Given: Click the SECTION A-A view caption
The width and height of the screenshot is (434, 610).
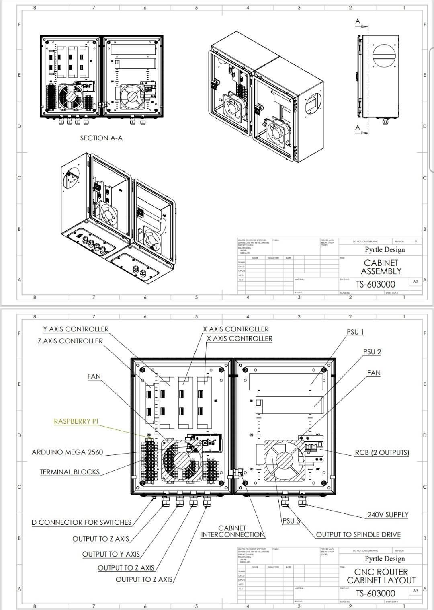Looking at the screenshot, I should tap(101, 138).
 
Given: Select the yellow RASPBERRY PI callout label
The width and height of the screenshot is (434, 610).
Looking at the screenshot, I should tap(76, 421).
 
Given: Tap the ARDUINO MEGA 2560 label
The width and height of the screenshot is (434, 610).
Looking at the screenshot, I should tap(67, 452).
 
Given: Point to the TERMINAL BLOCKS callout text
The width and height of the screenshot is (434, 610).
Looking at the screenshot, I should tap(70, 472).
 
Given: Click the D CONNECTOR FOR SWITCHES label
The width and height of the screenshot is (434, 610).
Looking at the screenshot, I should tap(82, 522).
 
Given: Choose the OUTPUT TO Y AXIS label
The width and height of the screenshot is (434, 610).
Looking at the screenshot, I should tap(111, 554).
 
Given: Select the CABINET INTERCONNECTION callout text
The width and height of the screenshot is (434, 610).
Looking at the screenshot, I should tap(232, 531).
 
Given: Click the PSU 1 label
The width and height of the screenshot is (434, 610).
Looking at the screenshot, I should tap(355, 332).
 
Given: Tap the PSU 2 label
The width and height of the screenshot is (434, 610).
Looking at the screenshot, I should tap(372, 352).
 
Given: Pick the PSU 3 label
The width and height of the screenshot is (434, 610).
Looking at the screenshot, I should tap(291, 521).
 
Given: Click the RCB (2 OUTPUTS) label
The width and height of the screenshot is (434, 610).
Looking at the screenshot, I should tap(382, 452).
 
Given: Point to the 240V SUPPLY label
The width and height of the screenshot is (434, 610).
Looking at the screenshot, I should tap(387, 515).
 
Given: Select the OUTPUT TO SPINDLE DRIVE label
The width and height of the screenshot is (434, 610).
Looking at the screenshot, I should tap(358, 535).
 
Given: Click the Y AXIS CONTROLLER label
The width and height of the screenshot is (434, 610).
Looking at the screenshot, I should tap(76, 329).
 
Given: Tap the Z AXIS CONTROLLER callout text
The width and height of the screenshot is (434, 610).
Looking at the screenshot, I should tap(70, 341).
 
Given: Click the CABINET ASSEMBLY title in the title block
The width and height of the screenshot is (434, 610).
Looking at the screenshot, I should tap(381, 267).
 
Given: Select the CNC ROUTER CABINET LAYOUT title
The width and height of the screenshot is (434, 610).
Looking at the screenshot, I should tap(381, 576).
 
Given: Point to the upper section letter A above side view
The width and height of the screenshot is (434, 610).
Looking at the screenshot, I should tap(358, 21).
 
